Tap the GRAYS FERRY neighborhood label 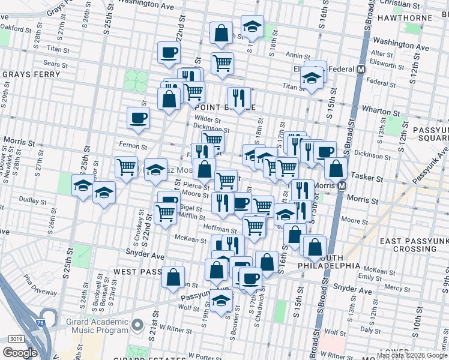(31, 75)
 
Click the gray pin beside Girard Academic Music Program (137, 326)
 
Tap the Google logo (20, 353)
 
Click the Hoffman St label (221, 229)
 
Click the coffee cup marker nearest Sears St (169, 52)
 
